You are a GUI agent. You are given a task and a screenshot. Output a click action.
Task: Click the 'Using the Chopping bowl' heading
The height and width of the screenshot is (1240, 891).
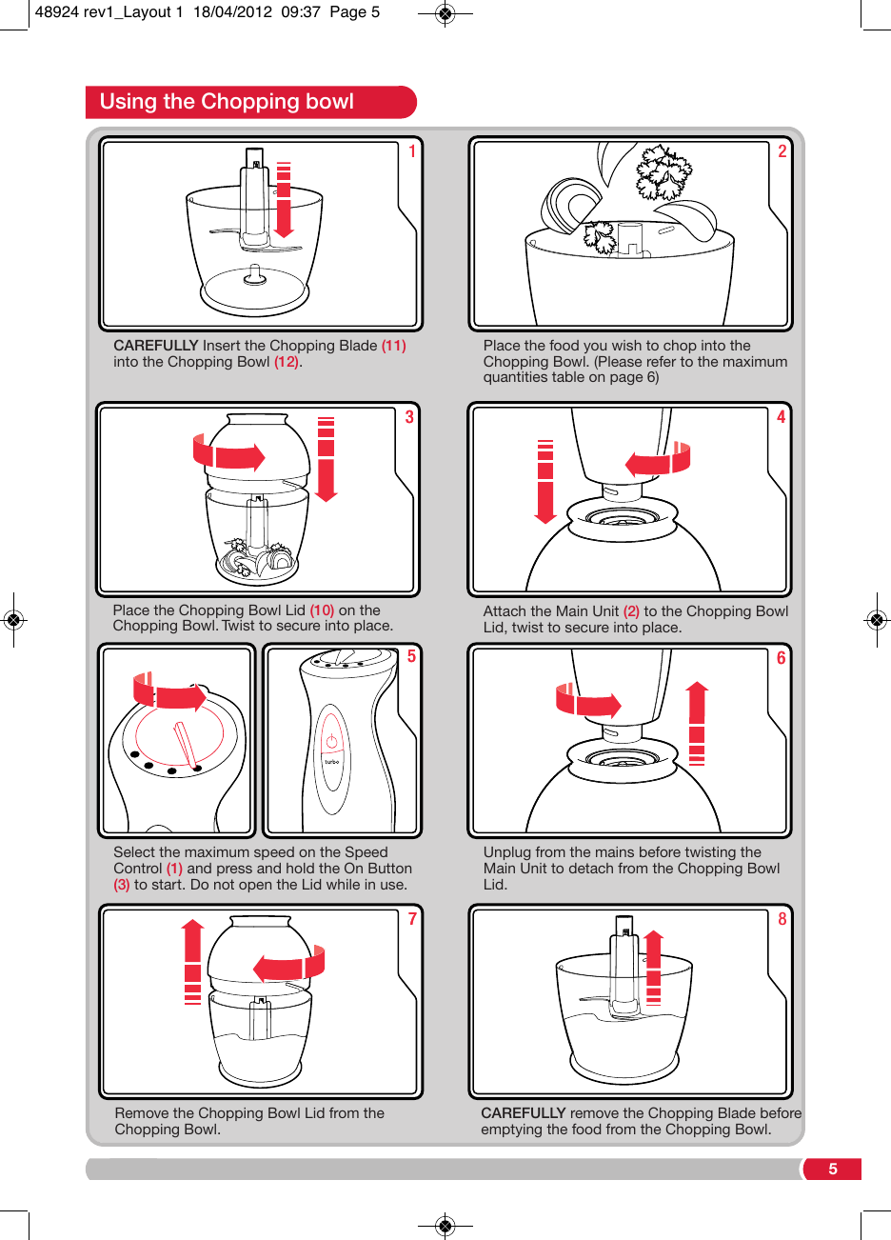[227, 102]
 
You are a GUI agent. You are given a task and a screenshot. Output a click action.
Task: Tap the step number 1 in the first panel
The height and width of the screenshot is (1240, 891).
[412, 151]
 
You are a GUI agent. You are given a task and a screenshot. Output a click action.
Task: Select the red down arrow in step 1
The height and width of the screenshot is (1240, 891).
[284, 201]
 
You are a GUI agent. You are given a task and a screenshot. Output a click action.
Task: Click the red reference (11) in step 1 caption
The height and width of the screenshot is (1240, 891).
[393, 346]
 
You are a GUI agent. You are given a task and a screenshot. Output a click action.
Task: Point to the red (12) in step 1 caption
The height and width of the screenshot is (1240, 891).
[287, 362]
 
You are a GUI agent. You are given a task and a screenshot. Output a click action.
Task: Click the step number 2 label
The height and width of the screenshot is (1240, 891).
[782, 151]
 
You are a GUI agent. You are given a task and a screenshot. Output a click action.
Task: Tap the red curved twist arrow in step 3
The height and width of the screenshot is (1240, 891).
[228, 454]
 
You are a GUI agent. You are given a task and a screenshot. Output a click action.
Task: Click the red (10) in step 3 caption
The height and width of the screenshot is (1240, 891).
[322, 610]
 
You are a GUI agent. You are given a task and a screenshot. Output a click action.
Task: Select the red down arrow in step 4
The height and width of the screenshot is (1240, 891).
[545, 483]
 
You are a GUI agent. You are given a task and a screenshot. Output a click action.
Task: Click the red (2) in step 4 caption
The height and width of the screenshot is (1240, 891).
[631, 611]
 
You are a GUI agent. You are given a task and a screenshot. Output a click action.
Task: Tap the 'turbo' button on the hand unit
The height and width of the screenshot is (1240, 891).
[331, 762]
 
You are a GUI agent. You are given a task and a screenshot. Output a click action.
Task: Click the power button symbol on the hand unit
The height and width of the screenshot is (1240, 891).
[331, 741]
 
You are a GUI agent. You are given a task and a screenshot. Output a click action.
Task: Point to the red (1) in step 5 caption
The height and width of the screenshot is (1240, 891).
[174, 869]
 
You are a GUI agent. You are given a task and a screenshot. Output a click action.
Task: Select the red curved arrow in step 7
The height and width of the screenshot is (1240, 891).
[289, 966]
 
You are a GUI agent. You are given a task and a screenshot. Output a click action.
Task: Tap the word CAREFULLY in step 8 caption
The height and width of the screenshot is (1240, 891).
[524, 1113]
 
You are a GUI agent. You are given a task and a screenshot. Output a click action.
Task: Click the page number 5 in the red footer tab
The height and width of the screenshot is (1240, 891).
[832, 1170]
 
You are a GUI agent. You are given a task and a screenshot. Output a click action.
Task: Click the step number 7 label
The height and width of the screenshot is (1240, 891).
[412, 919]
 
